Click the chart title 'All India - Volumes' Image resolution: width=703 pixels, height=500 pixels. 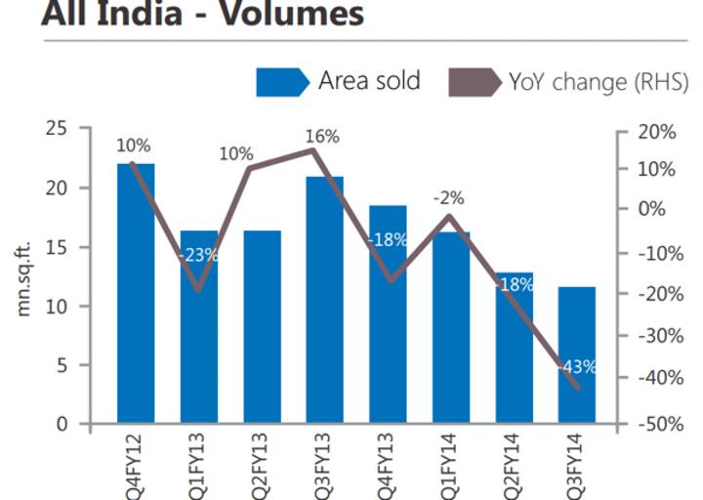203,16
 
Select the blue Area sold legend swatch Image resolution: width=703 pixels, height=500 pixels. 282,82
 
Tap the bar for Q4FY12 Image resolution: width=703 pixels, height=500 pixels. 136,293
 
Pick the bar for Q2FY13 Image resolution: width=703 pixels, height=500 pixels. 262,327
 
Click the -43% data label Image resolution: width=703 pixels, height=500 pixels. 577,368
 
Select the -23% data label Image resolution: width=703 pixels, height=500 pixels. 198,256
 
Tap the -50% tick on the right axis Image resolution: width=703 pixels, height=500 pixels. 656,425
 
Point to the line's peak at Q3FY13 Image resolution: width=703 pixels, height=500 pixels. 312,149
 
